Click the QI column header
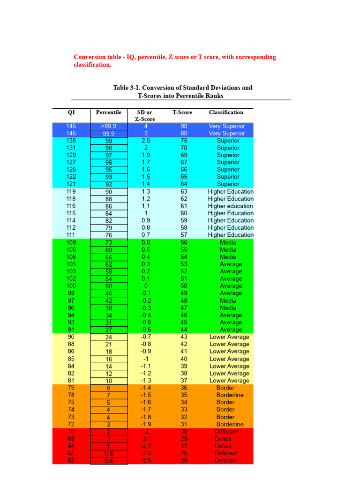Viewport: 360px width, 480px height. [x=71, y=112]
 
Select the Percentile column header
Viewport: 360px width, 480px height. [x=108, y=112]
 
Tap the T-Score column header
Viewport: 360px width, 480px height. [x=182, y=112]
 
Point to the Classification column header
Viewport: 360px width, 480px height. [x=226, y=112]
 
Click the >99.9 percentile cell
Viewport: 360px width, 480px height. [x=108, y=126]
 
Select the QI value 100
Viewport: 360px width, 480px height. [x=71, y=286]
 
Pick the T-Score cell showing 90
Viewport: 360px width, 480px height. [x=184, y=126]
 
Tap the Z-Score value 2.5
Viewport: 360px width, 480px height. [x=146, y=141]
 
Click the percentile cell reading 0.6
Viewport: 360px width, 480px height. [x=108, y=461]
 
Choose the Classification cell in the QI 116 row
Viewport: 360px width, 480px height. [x=230, y=206]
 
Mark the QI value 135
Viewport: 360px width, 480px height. [x=71, y=141]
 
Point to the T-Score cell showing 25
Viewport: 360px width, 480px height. [x=184, y=461]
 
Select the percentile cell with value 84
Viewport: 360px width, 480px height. [x=108, y=213]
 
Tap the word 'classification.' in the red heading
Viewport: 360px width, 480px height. [x=92, y=65]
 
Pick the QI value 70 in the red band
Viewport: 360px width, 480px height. [x=71, y=431]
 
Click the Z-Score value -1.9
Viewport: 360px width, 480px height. [x=146, y=424]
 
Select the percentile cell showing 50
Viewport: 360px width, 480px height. [x=108, y=286]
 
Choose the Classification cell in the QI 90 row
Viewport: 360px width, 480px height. [x=229, y=337]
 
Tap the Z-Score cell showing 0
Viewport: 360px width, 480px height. [x=146, y=286]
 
